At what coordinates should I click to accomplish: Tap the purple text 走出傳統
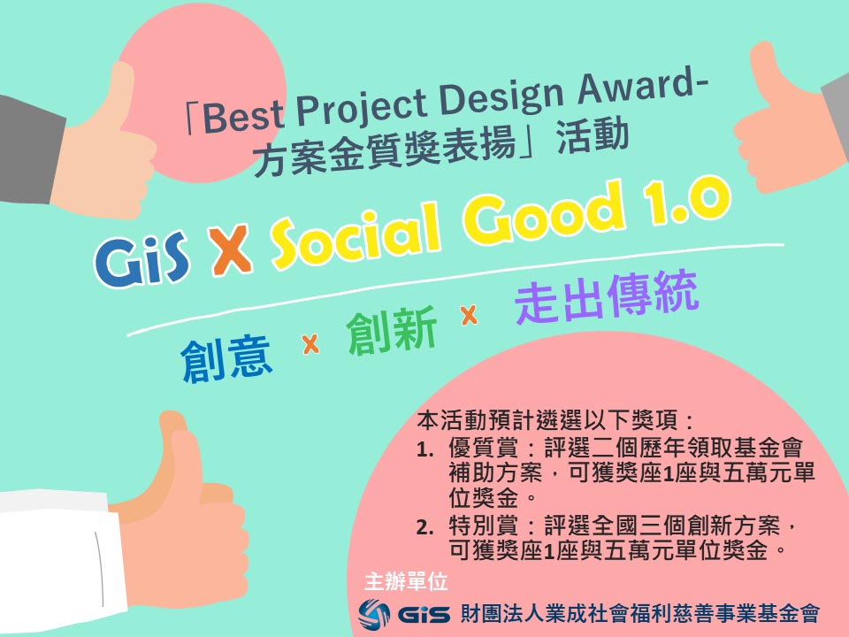pos(607,300)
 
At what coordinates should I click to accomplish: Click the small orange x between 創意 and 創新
pos(310,345)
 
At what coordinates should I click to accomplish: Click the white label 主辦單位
pos(406,582)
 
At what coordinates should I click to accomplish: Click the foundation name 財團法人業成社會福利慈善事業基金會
pos(639,612)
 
